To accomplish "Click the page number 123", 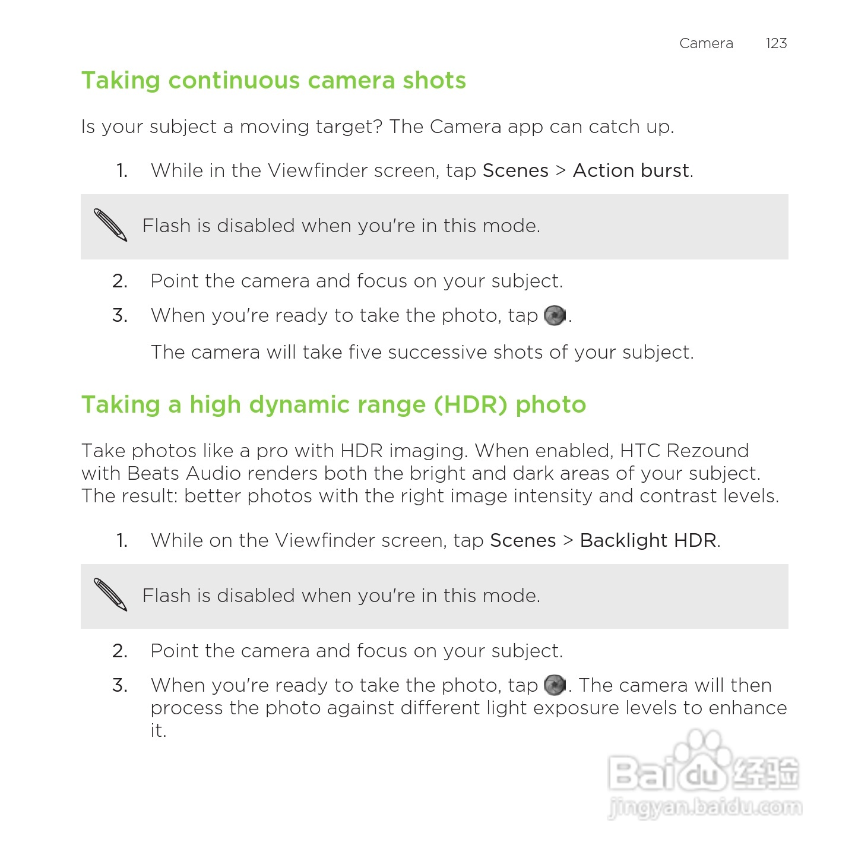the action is coord(776,43).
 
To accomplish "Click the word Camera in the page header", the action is coord(706,43).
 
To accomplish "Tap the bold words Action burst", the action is coord(631,170).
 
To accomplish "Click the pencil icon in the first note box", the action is coord(110,225).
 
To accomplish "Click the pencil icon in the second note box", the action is coord(110,594).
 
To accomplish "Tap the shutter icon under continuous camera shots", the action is coord(555,315).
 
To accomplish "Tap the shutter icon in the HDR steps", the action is coord(555,685).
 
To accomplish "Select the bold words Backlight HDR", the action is coord(648,540).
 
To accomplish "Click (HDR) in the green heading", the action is coord(470,405).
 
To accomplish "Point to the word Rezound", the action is coord(707,451).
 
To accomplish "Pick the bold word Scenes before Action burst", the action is coord(515,170).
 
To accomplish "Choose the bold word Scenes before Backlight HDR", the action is coord(522,540).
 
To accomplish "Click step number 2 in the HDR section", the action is coord(120,651).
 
